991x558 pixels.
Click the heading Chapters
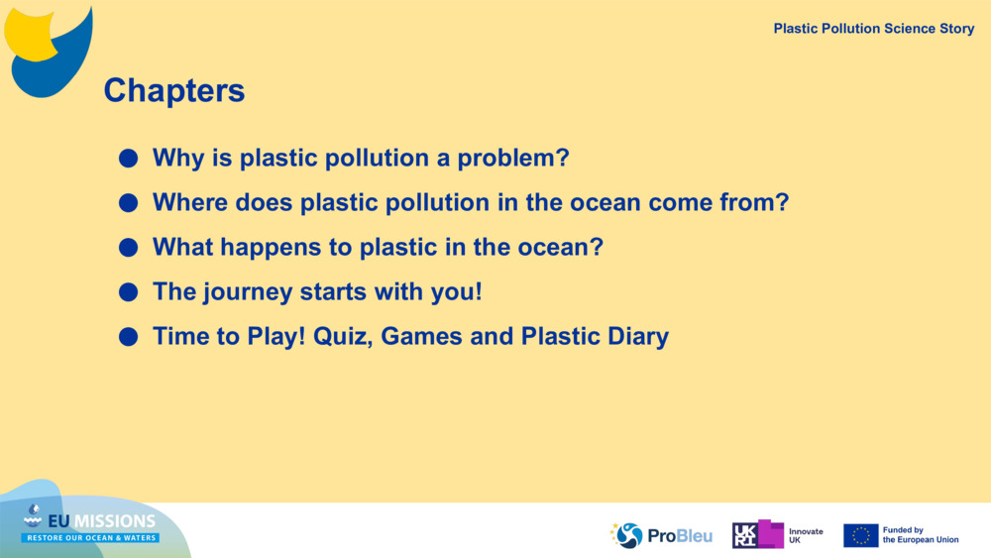point(173,90)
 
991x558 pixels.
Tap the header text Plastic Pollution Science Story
point(873,29)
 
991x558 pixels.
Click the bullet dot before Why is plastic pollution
point(128,158)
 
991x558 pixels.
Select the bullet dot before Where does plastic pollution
point(128,203)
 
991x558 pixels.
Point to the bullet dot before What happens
point(128,247)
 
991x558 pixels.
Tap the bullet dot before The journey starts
point(128,292)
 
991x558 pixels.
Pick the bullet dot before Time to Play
point(128,337)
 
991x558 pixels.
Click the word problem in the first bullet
point(513,159)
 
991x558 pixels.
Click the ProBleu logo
point(660,535)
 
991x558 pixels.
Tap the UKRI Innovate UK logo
point(777,534)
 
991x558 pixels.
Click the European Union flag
point(860,535)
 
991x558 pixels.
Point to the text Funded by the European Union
point(921,535)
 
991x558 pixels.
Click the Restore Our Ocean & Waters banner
point(90,538)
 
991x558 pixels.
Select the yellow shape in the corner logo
point(29,35)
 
